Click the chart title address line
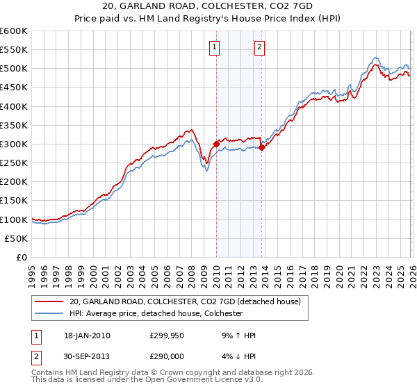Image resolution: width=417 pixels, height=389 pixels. pos(208,7)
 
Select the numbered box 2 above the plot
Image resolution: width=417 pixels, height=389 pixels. pos(259,47)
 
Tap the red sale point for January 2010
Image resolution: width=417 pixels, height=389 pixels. pos(216,144)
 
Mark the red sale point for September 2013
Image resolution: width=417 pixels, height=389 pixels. pos(262,147)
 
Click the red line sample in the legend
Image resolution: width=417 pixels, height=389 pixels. pos(49,301)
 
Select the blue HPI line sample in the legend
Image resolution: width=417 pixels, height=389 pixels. pos(49,313)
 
